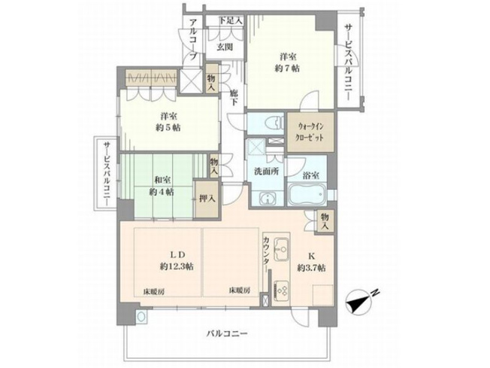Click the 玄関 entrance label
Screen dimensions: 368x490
click(225, 47)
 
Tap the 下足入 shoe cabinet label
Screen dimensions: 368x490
click(230, 20)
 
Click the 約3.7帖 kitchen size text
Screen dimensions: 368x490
click(310, 268)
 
